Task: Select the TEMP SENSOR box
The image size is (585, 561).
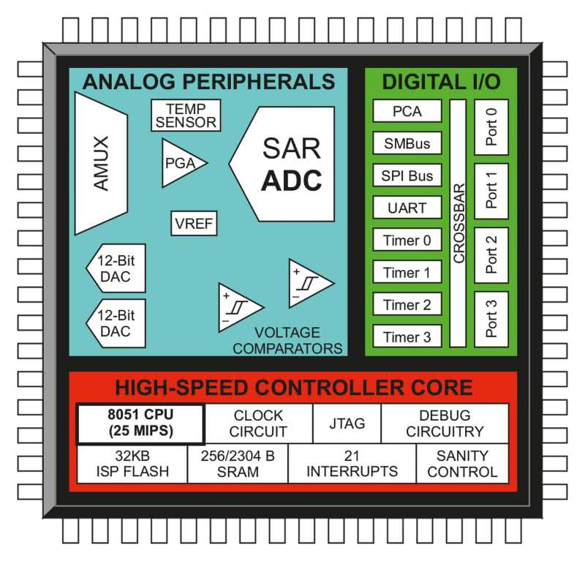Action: point(186,116)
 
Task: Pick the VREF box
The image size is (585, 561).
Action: point(194,224)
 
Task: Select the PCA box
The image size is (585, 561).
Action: point(407,111)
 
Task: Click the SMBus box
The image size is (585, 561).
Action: point(407,143)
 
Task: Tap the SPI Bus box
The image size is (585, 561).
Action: point(407,176)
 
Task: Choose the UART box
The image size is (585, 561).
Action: point(407,208)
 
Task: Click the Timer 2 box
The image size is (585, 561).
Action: point(407,304)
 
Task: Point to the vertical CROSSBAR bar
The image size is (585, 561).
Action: point(458,223)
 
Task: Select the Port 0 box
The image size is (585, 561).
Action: point(491,127)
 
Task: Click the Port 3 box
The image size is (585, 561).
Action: point(491,319)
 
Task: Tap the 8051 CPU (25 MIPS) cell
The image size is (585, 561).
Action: point(140,423)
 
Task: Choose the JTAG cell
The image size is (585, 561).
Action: point(347,423)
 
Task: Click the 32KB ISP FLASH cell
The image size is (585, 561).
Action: point(132,463)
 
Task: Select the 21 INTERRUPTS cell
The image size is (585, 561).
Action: point(352,463)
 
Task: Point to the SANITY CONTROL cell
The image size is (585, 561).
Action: point(462,463)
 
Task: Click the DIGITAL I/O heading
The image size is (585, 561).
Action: point(441,81)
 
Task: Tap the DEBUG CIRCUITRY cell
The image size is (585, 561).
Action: point(445,423)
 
